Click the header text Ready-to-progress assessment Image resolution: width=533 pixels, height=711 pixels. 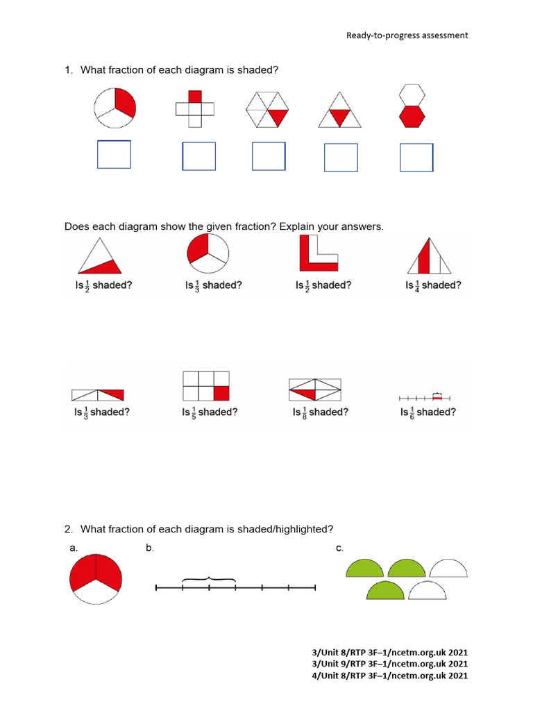[407, 35]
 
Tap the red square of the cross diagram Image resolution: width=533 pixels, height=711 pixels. [194, 97]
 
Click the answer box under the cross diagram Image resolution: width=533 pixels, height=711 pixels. [198, 156]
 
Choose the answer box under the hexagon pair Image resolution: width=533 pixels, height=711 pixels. [416, 157]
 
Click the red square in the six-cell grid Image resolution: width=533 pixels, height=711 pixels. [221, 393]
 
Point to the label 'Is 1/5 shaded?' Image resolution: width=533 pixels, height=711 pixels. [210, 412]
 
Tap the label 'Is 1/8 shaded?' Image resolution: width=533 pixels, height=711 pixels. [319, 412]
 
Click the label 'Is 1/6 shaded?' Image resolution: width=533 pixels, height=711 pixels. [428, 412]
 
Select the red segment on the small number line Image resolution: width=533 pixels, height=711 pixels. [437, 398]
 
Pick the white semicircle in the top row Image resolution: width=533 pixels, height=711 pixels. [449, 569]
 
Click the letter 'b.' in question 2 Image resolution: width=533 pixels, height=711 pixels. [149, 549]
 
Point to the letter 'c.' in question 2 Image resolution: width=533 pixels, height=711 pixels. [339, 549]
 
